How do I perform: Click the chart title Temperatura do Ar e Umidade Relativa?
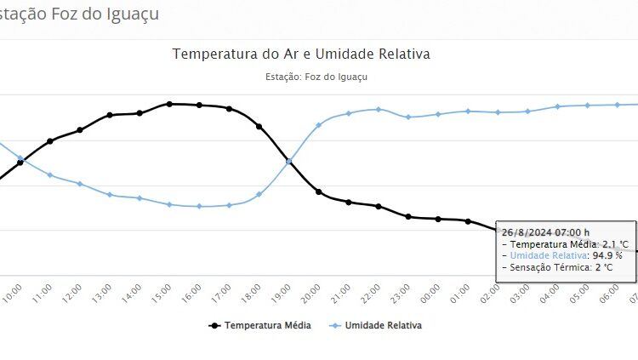point(301,54)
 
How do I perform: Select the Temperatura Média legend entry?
point(260,325)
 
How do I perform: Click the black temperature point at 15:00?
point(169,104)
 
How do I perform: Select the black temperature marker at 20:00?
point(319,192)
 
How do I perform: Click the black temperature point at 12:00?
point(80,129)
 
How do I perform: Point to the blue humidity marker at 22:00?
point(379,110)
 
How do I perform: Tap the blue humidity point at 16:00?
point(199,206)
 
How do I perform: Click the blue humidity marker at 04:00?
point(557,106)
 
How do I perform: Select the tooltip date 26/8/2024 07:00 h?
point(545,232)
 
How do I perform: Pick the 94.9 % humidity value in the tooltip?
point(607,255)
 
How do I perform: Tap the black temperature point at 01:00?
point(468,221)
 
